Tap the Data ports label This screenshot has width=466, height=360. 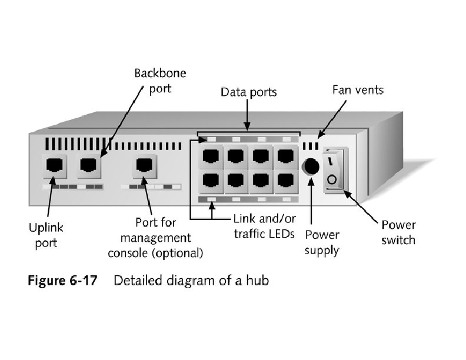pos(248,92)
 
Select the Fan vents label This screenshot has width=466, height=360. pos(358,90)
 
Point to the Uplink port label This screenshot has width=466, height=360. pos(46,235)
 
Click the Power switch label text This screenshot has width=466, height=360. pos(398,232)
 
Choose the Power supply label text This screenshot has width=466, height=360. pos(322,242)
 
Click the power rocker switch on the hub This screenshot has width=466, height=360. pos(335,169)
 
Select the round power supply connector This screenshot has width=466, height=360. pos(310,167)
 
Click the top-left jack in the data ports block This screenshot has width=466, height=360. pos(210,156)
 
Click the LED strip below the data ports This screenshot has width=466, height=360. pos(247,200)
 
